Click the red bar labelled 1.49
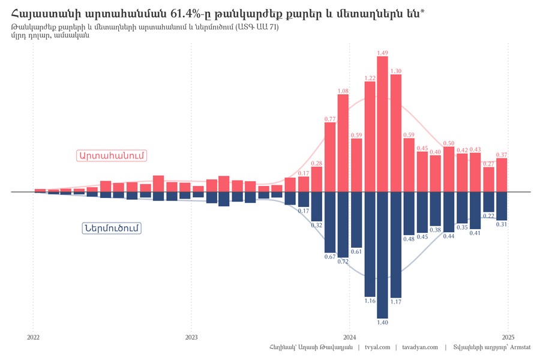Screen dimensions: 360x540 point(382,124)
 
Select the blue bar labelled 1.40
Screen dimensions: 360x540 point(382,254)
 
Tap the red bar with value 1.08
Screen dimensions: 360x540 point(343,143)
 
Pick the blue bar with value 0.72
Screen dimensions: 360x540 point(343,224)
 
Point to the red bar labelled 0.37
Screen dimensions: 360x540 point(502,175)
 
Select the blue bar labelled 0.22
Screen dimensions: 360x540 point(489,202)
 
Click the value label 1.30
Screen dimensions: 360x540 point(395,71)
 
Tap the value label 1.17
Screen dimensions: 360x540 point(396,302)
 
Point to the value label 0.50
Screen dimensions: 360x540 point(449,143)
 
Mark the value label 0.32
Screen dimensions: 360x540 point(317,225)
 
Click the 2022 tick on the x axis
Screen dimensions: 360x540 point(34,337)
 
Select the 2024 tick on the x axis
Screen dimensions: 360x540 point(350,337)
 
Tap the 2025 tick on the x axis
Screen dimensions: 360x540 point(508,337)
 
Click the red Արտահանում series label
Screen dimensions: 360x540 point(112,155)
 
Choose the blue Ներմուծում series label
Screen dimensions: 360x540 point(112,229)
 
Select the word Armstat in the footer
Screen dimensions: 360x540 point(526,347)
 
